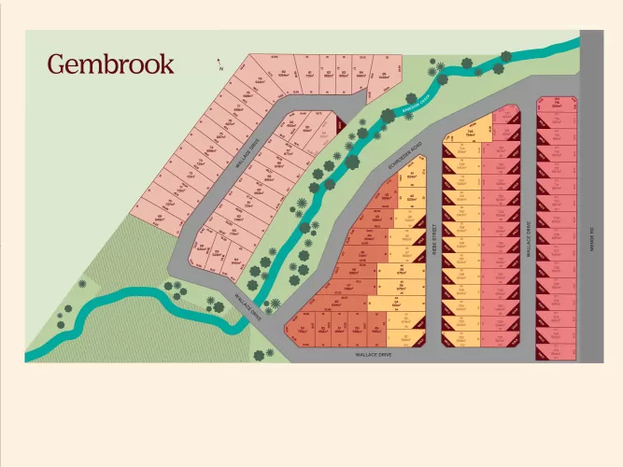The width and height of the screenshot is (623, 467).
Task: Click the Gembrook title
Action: (110, 64)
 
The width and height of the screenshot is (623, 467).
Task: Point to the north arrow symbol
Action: (219, 66)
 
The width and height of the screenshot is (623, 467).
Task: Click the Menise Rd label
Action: (592, 233)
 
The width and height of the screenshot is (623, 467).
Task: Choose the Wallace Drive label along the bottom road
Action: (372, 355)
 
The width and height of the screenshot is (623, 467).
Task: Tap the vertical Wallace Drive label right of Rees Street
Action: (529, 238)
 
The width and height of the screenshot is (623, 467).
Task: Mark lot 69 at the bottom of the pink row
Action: (161, 217)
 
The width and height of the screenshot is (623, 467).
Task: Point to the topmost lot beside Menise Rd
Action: (557, 104)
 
